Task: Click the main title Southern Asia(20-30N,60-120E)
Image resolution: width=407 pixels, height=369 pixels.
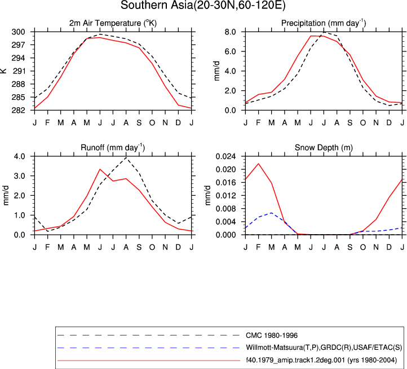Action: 203,5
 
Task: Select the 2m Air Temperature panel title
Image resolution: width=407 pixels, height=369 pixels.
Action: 113,23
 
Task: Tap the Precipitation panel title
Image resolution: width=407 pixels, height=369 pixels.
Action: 324,23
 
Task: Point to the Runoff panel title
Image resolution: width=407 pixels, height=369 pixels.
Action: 113,148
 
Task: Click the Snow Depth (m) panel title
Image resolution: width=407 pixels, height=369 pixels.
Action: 324,148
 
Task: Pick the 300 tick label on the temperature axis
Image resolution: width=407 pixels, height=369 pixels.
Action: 19,32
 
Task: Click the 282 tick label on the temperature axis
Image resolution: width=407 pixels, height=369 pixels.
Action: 19,111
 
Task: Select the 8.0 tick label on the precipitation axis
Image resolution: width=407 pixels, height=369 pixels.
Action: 231,32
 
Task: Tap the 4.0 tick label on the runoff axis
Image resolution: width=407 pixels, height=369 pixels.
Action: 20,156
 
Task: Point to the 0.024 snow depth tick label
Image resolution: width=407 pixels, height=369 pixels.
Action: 226,156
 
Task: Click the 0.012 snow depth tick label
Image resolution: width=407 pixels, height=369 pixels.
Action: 226,196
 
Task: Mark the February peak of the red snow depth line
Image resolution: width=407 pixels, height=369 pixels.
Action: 259,164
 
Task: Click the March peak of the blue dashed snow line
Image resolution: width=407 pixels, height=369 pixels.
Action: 272,213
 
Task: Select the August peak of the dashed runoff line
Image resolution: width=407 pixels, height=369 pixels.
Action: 126,157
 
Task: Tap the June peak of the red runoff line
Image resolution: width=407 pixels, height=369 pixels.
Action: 100,169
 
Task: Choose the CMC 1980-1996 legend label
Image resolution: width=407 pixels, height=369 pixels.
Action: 272,336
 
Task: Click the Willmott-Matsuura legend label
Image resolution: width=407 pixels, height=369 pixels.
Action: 324,348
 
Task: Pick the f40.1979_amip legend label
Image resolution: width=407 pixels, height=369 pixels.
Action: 321,360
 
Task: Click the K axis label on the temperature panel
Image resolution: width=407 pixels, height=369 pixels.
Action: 3,71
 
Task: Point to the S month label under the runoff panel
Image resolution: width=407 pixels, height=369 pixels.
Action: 139,247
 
